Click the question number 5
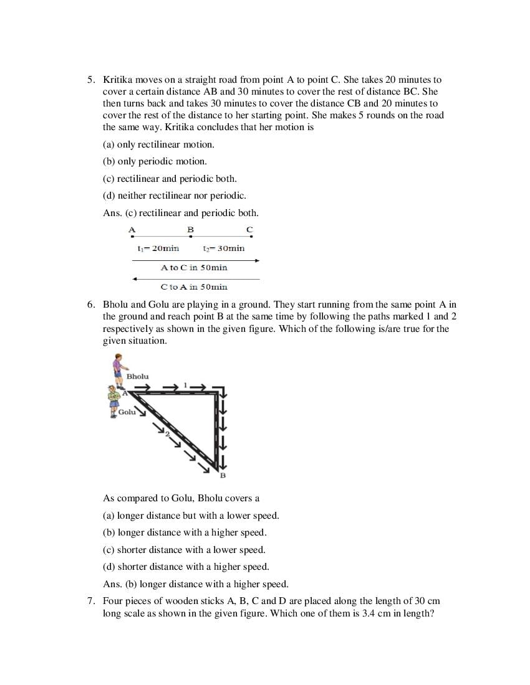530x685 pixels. (x=90, y=80)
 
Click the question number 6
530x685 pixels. (x=90, y=305)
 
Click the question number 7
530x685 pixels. (x=90, y=601)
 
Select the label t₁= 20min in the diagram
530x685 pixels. (x=158, y=248)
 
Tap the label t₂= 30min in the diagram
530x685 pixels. (x=223, y=248)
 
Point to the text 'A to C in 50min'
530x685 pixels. (x=194, y=267)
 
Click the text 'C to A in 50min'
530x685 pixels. (x=194, y=287)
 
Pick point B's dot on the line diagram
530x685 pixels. (x=191, y=236)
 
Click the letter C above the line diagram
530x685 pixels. (x=249, y=230)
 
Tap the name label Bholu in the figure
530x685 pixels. (x=137, y=376)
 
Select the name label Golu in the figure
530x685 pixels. (x=127, y=412)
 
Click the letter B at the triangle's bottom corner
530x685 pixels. (x=223, y=476)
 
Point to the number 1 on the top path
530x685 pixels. (x=185, y=385)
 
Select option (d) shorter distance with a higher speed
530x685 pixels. (x=186, y=567)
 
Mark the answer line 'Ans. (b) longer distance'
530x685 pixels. (x=195, y=584)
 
